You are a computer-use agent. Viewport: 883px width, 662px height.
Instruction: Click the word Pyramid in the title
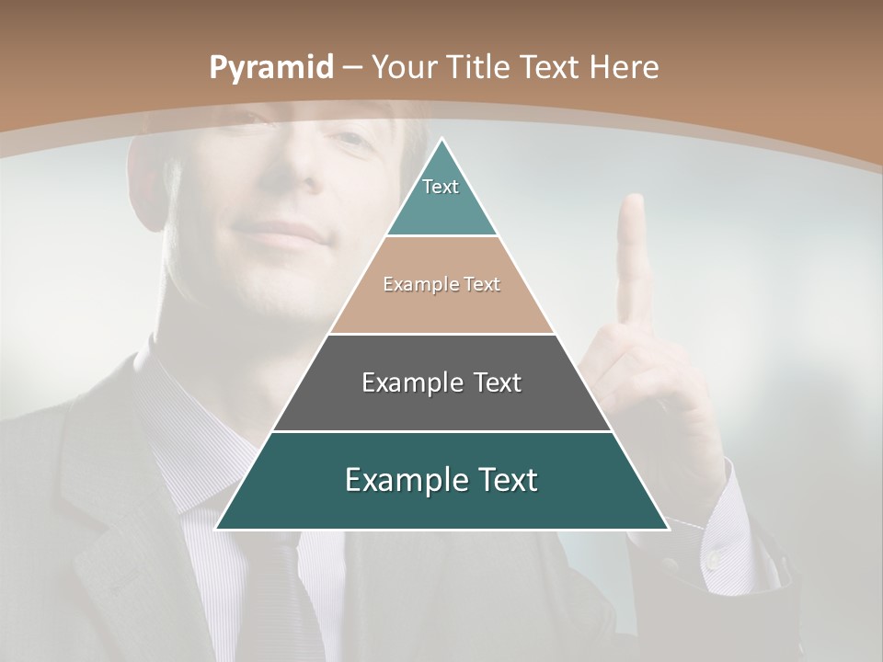pos(271,68)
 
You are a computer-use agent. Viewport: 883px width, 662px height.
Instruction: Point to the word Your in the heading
pos(405,67)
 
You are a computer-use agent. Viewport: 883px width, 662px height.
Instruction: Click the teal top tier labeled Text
pos(441,198)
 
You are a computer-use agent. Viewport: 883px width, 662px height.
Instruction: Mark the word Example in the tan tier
pos(410,284)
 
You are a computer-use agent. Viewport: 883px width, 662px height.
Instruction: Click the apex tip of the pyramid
pos(442,140)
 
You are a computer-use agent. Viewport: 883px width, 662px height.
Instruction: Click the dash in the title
pos(352,68)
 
